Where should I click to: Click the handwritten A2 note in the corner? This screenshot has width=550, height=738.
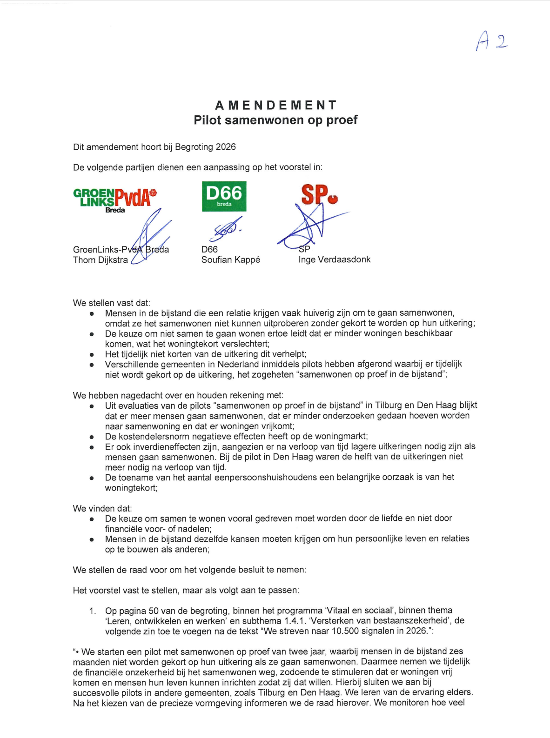click(x=491, y=41)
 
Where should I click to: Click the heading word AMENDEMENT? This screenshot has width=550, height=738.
click(x=275, y=105)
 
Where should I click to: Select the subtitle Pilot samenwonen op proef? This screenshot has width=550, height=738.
click(x=275, y=120)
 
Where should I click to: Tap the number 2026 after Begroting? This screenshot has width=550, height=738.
click(x=226, y=147)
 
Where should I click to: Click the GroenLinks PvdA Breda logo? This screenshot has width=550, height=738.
click(x=115, y=199)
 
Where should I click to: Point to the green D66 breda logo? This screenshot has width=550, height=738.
click(x=224, y=196)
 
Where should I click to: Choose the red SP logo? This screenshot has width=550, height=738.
click(x=319, y=195)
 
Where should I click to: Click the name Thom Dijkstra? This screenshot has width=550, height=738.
click(x=100, y=260)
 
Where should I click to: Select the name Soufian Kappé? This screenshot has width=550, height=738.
click(x=230, y=260)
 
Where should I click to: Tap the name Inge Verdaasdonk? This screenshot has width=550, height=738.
click(x=334, y=259)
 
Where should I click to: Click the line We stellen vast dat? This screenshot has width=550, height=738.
click(x=111, y=303)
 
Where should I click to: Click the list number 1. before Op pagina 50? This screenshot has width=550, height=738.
click(x=92, y=611)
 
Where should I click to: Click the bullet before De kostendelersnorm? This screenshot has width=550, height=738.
click(x=92, y=437)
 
